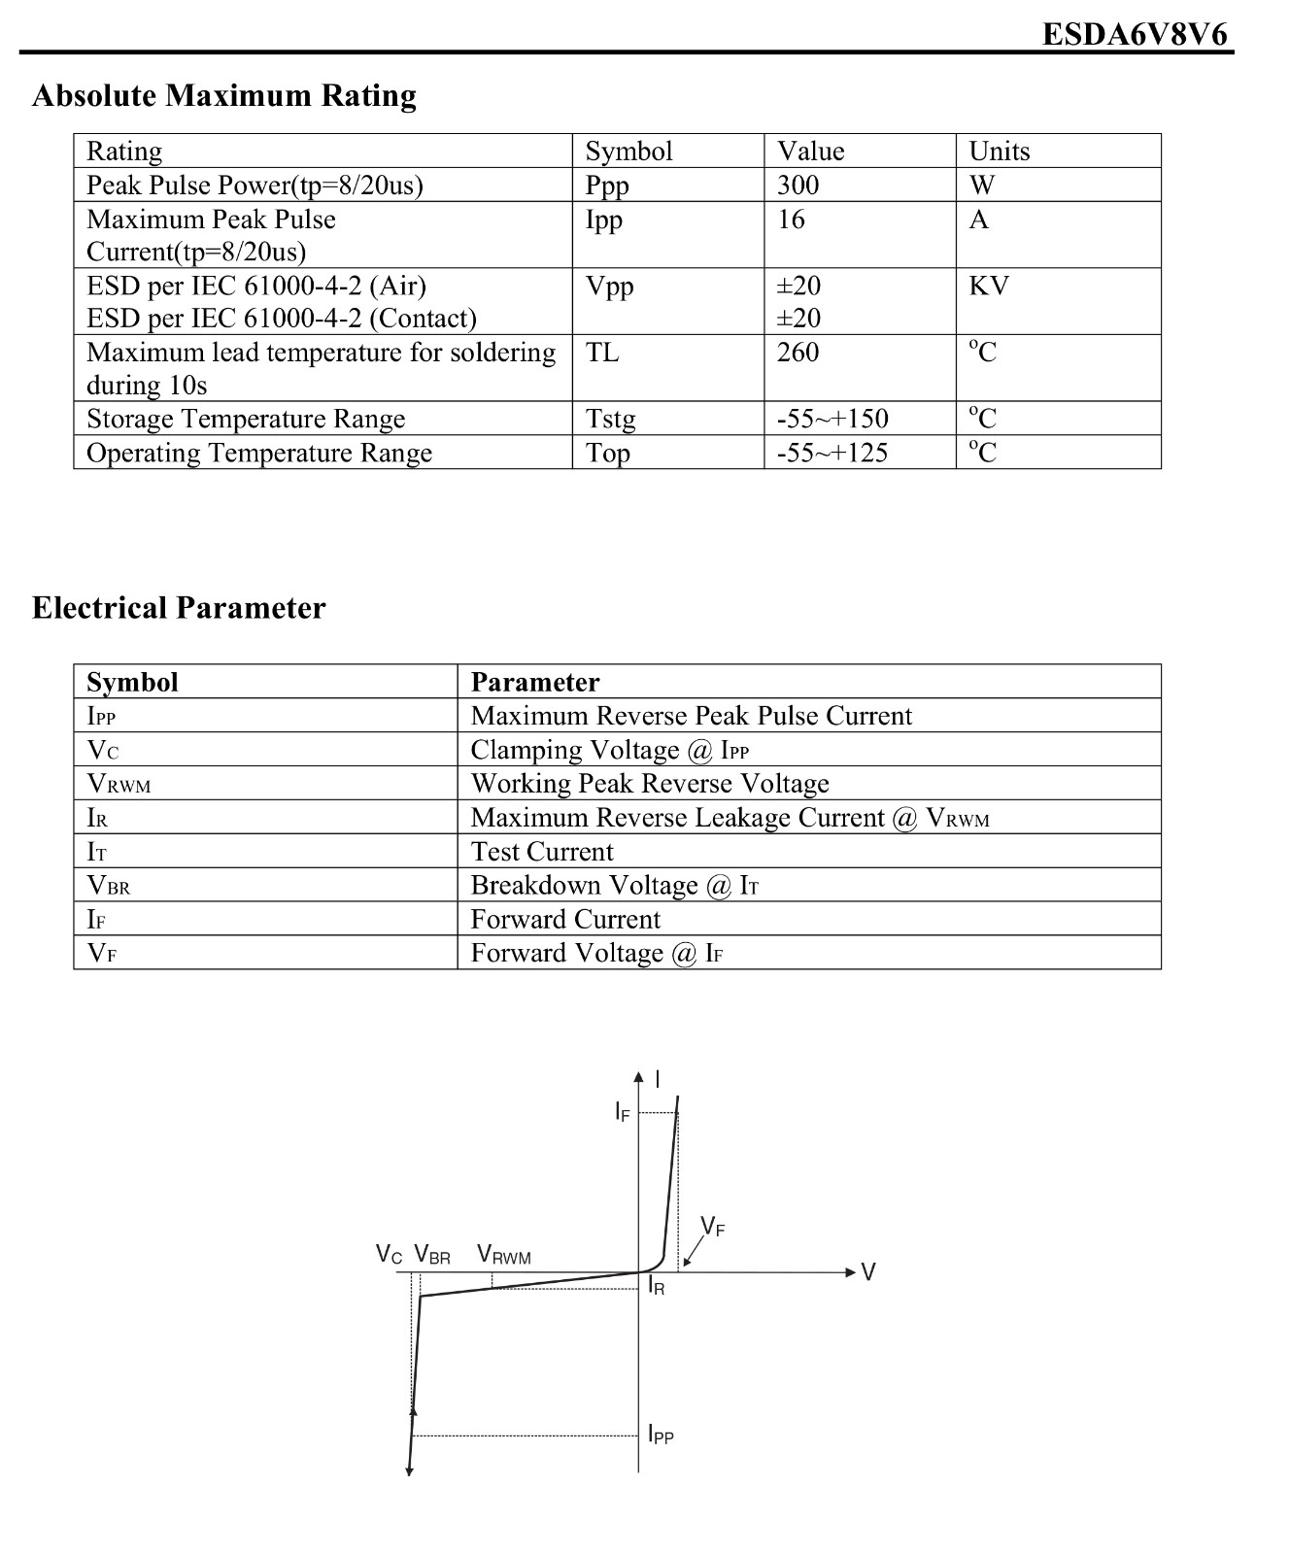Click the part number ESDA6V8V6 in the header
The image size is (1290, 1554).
pyautogui.click(x=1135, y=35)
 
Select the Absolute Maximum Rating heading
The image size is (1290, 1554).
pyautogui.click(x=224, y=95)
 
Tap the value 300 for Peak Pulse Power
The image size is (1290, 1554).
pyautogui.click(x=798, y=185)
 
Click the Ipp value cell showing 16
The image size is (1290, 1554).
pyautogui.click(x=791, y=220)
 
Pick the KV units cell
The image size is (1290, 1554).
pyautogui.click(x=988, y=286)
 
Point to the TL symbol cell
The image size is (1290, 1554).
pyautogui.click(x=601, y=352)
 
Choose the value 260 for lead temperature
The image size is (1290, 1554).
pyautogui.click(x=798, y=352)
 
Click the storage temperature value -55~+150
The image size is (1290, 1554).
pyautogui.click(x=832, y=419)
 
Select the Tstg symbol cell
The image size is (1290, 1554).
pyautogui.click(x=610, y=419)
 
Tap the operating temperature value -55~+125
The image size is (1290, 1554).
pyautogui.click(x=832, y=453)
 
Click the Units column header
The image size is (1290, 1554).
pyautogui.click(x=999, y=151)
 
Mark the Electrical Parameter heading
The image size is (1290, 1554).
pyautogui.click(x=179, y=608)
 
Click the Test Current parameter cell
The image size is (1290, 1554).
pyautogui.click(x=542, y=852)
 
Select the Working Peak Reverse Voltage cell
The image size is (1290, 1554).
pyautogui.click(x=650, y=784)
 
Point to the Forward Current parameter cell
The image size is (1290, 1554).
pyautogui.click(x=565, y=919)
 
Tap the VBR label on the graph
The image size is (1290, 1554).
pyautogui.click(x=432, y=1255)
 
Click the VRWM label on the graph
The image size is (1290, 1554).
pyautogui.click(x=504, y=1255)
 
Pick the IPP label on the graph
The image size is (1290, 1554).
pyautogui.click(x=661, y=1434)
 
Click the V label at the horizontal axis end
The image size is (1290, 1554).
pyautogui.click(x=868, y=1272)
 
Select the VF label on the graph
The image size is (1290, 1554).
pyautogui.click(x=712, y=1227)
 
